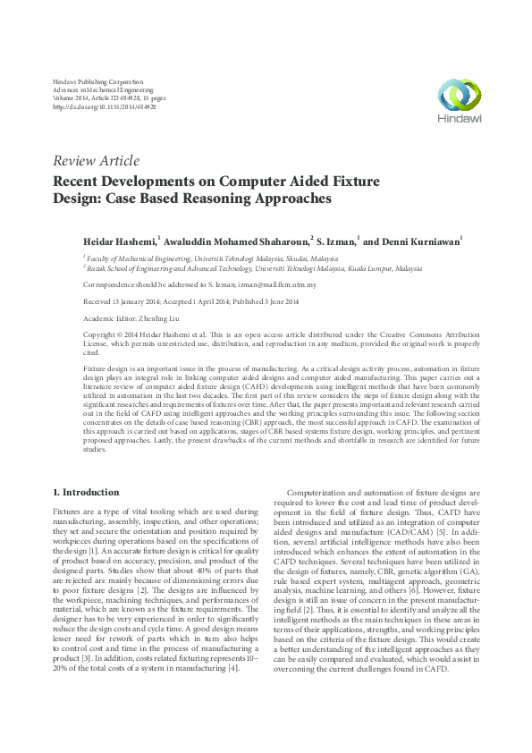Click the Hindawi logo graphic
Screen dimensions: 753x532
pos(455,94)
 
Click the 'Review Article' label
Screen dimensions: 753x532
pos(97,161)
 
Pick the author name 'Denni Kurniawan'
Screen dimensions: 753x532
pos(423,241)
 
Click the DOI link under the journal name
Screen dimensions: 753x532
pos(106,106)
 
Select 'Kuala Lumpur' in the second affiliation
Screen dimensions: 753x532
pos(354,267)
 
